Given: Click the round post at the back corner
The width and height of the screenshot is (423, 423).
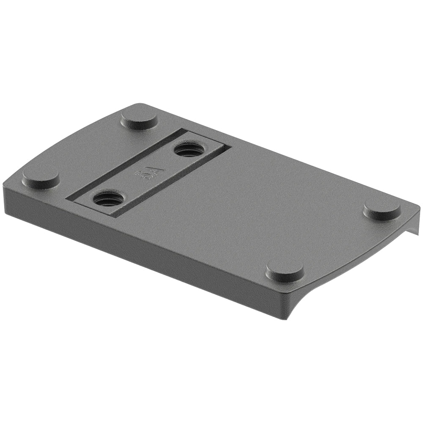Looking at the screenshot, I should (x=139, y=119).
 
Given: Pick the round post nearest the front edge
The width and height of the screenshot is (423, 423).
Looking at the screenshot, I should (x=285, y=272).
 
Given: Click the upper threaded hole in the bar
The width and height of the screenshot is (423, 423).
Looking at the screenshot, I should (x=188, y=150).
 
